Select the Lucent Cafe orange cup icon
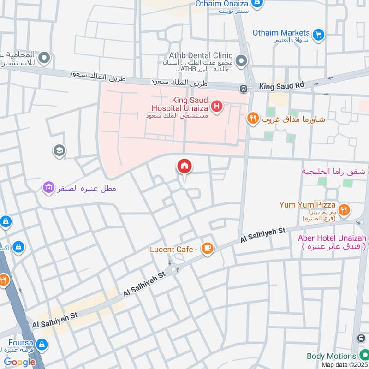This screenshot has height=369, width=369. [208, 249]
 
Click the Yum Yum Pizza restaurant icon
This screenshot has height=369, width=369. [344, 210]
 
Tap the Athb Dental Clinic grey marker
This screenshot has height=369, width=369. [241, 61]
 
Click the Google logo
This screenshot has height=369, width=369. [19, 362]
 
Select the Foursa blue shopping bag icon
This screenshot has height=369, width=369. [42, 344]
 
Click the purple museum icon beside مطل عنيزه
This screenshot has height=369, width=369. [48, 187]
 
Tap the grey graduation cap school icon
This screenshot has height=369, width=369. [59, 150]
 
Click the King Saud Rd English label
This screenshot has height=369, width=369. [282, 86]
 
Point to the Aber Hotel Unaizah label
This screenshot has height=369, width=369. [332, 238]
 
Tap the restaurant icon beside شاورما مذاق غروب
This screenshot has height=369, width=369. [252, 119]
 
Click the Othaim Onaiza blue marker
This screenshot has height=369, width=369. [257, 4]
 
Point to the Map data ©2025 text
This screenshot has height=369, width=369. [344, 364]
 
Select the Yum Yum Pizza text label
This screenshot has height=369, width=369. [307, 205]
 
